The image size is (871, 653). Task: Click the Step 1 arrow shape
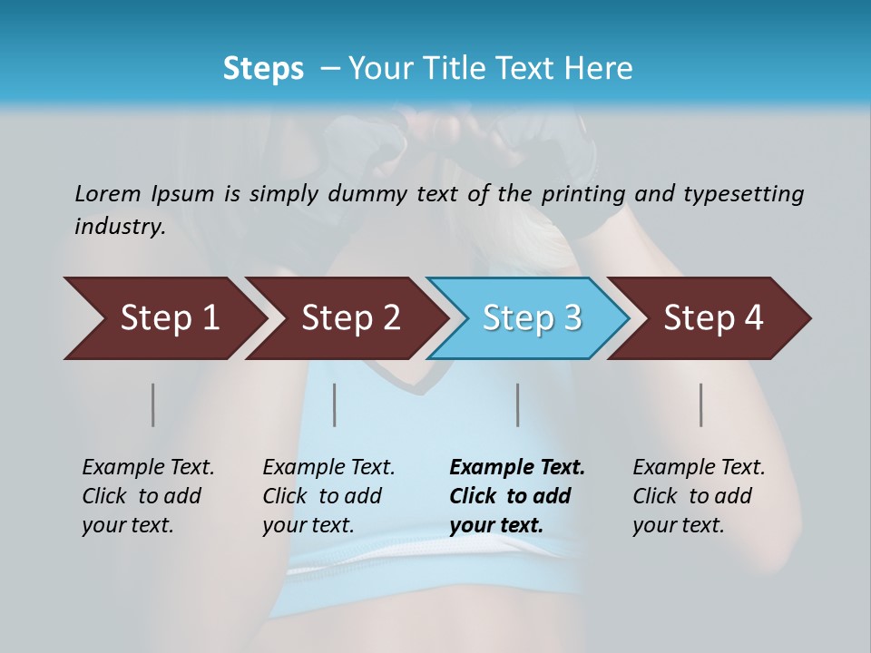[x=163, y=318]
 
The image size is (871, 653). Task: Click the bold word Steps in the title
[x=263, y=68]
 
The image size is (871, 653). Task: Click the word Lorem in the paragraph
[x=107, y=193]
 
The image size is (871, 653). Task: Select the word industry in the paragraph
[x=119, y=226]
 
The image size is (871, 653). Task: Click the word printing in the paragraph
[x=582, y=193]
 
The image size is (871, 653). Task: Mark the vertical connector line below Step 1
[x=153, y=404]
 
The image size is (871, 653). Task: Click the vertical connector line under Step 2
[x=335, y=404]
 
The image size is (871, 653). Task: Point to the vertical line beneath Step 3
[x=517, y=404]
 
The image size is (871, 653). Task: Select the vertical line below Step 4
[x=700, y=404]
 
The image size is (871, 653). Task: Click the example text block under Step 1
[x=148, y=496]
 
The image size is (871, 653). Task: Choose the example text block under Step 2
[x=328, y=496]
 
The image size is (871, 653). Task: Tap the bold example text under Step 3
[x=517, y=496]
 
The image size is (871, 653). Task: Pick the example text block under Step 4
[x=699, y=496]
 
